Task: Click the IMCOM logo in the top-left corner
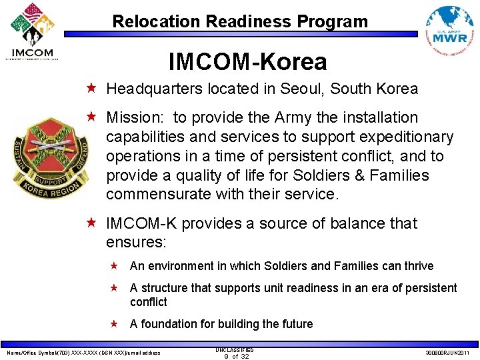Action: click(x=32, y=31)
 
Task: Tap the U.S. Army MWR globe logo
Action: click(x=450, y=33)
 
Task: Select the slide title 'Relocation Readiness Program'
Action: click(x=240, y=21)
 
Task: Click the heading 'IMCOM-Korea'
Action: click(x=247, y=62)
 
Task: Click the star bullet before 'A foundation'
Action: click(x=114, y=324)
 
